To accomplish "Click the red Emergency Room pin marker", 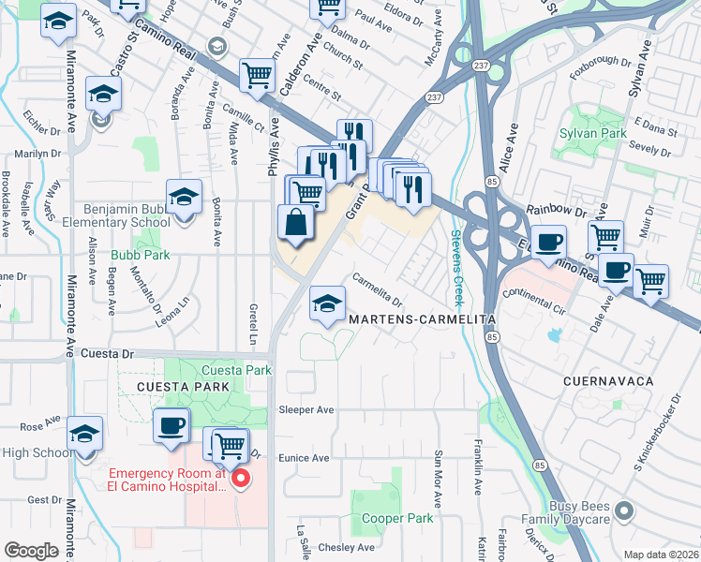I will point(240,479).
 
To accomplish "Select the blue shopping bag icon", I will point(295,224).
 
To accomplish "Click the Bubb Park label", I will point(140,254).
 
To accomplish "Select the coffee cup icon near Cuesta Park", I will point(171,425).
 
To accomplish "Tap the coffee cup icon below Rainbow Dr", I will point(548,243).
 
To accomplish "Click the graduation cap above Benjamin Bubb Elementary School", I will point(185,197).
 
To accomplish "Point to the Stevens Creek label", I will point(457,267).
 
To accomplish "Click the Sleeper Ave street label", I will point(306,410).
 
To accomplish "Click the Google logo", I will point(31,551).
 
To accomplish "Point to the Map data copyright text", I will point(661,555).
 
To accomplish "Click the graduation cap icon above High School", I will point(84,435).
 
